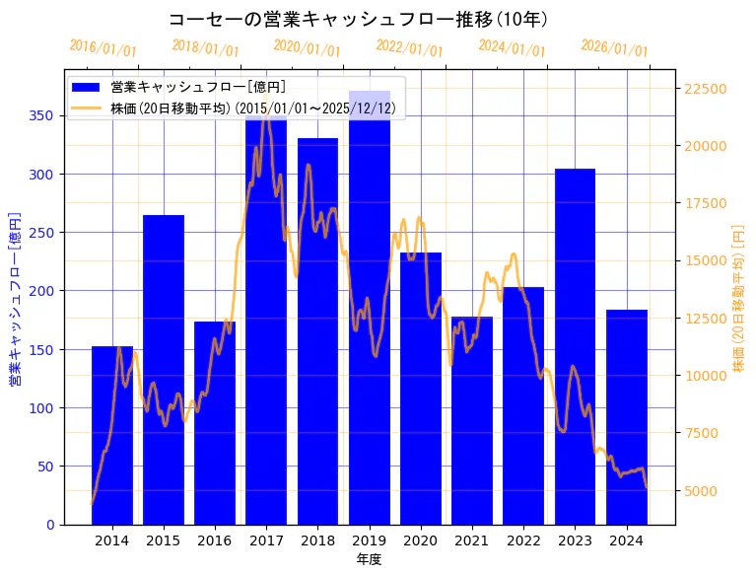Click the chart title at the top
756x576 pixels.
click(x=358, y=20)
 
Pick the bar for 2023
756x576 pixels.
click(x=575, y=346)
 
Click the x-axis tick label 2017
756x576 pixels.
click(x=266, y=540)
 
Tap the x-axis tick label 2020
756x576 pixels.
click(x=421, y=540)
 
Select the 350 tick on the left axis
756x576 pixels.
click(x=43, y=115)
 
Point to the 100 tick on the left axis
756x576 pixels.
click(x=43, y=407)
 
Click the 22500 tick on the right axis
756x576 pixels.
click(x=706, y=89)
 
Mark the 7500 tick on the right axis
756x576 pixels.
click(x=703, y=434)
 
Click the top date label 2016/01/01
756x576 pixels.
click(x=103, y=48)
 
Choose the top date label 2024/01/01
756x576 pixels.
click(x=512, y=48)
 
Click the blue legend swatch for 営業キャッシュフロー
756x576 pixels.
click(x=87, y=87)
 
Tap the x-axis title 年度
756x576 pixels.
click(x=369, y=559)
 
